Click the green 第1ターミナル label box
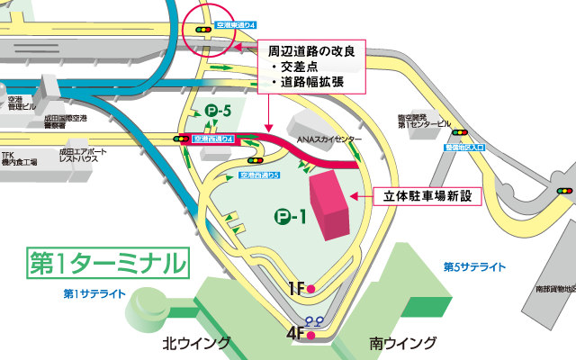tap(107, 262)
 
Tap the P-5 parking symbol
tap(219, 111)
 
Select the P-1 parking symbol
tap(292, 216)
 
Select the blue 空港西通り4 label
tap(214, 139)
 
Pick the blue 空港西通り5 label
tap(262, 175)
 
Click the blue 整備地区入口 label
tap(465, 145)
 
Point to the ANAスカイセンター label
tap(330, 140)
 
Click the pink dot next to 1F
tap(310, 289)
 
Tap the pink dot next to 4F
tap(310, 336)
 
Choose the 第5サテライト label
tap(474, 267)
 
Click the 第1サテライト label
tap(95, 293)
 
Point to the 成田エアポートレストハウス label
tap(82, 156)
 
